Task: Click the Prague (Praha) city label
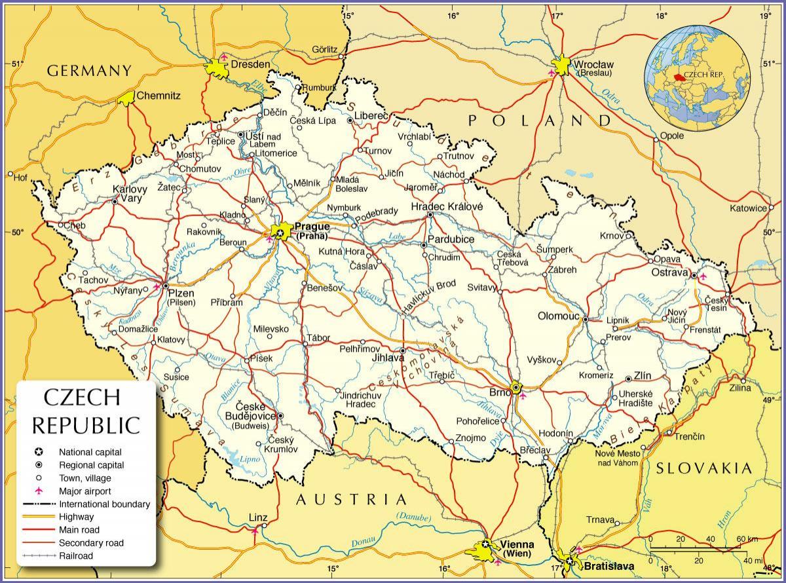point(313,231)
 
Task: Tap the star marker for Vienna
point(485,544)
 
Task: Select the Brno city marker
point(516,388)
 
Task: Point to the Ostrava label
point(669,272)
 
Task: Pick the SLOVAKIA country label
point(703,467)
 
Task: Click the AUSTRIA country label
point(352,499)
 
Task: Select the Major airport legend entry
point(84,491)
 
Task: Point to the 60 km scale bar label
point(747,538)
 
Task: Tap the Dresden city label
point(250,64)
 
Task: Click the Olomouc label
point(559,316)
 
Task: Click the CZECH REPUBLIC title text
point(86,411)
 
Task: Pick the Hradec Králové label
point(447,206)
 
